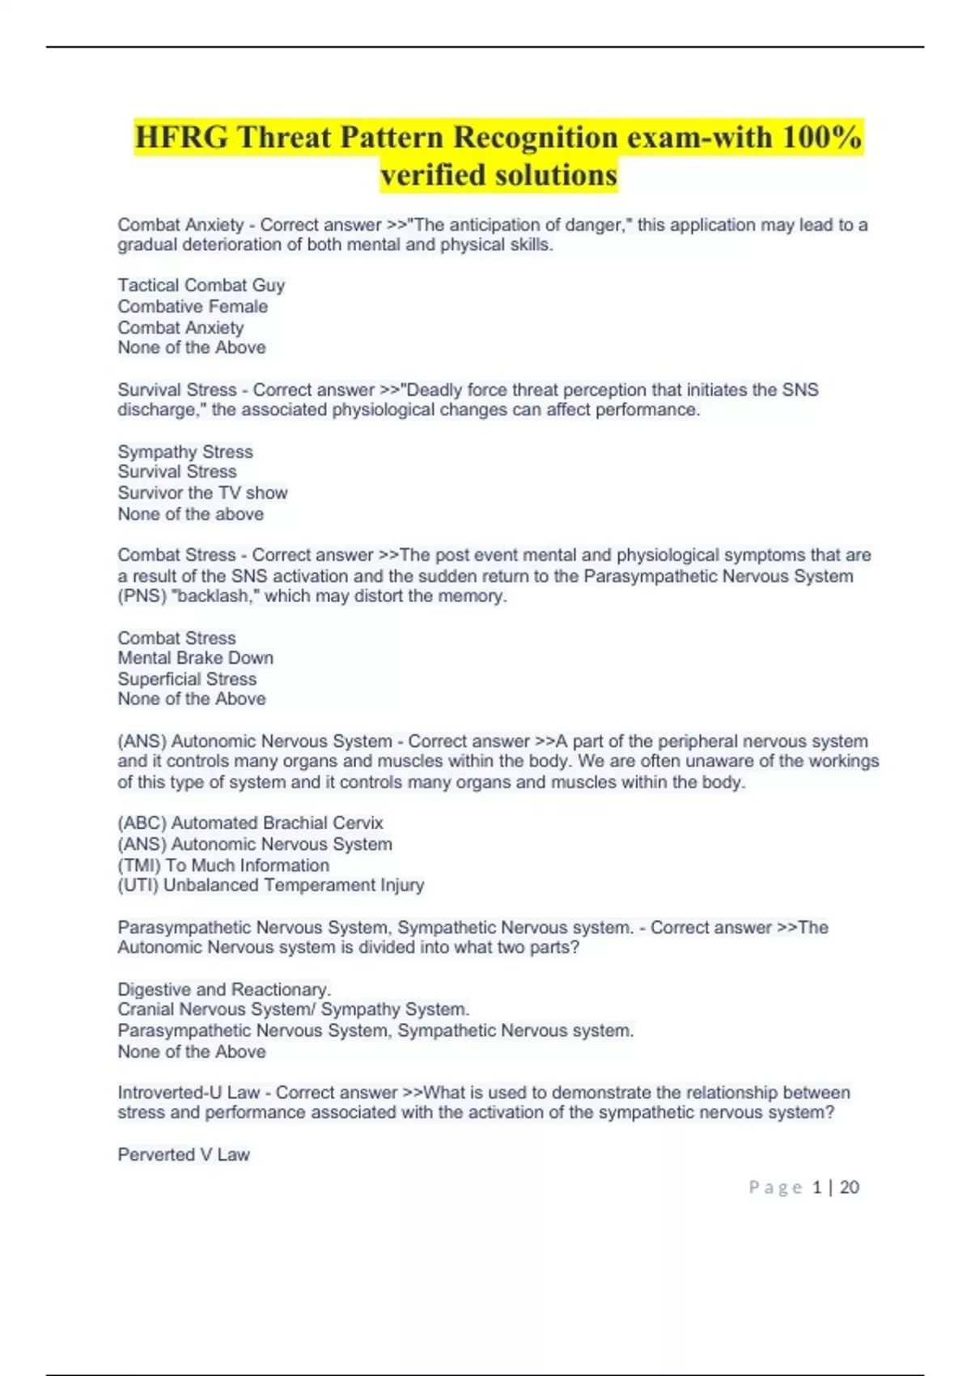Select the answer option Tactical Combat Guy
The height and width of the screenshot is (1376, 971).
click(x=201, y=285)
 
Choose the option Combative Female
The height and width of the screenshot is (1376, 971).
click(x=193, y=306)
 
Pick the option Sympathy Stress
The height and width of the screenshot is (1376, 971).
click(x=185, y=452)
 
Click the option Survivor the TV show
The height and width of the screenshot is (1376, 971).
click(x=202, y=492)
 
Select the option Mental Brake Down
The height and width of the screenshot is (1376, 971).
click(x=195, y=657)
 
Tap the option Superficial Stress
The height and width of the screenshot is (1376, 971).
click(x=187, y=678)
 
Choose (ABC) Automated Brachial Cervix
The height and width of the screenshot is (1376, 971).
click(x=250, y=822)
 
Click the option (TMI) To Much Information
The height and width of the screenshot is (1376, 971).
click(x=223, y=864)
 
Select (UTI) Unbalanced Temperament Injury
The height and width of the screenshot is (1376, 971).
click(x=270, y=885)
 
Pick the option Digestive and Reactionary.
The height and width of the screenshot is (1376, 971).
click(x=224, y=989)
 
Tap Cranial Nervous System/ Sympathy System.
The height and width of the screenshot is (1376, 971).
click(x=293, y=1009)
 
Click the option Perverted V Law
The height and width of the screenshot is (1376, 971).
click(x=184, y=1154)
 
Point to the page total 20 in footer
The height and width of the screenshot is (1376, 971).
click(x=850, y=1187)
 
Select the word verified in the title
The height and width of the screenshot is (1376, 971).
click(x=438, y=174)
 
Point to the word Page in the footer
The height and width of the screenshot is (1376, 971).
click(x=774, y=1187)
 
